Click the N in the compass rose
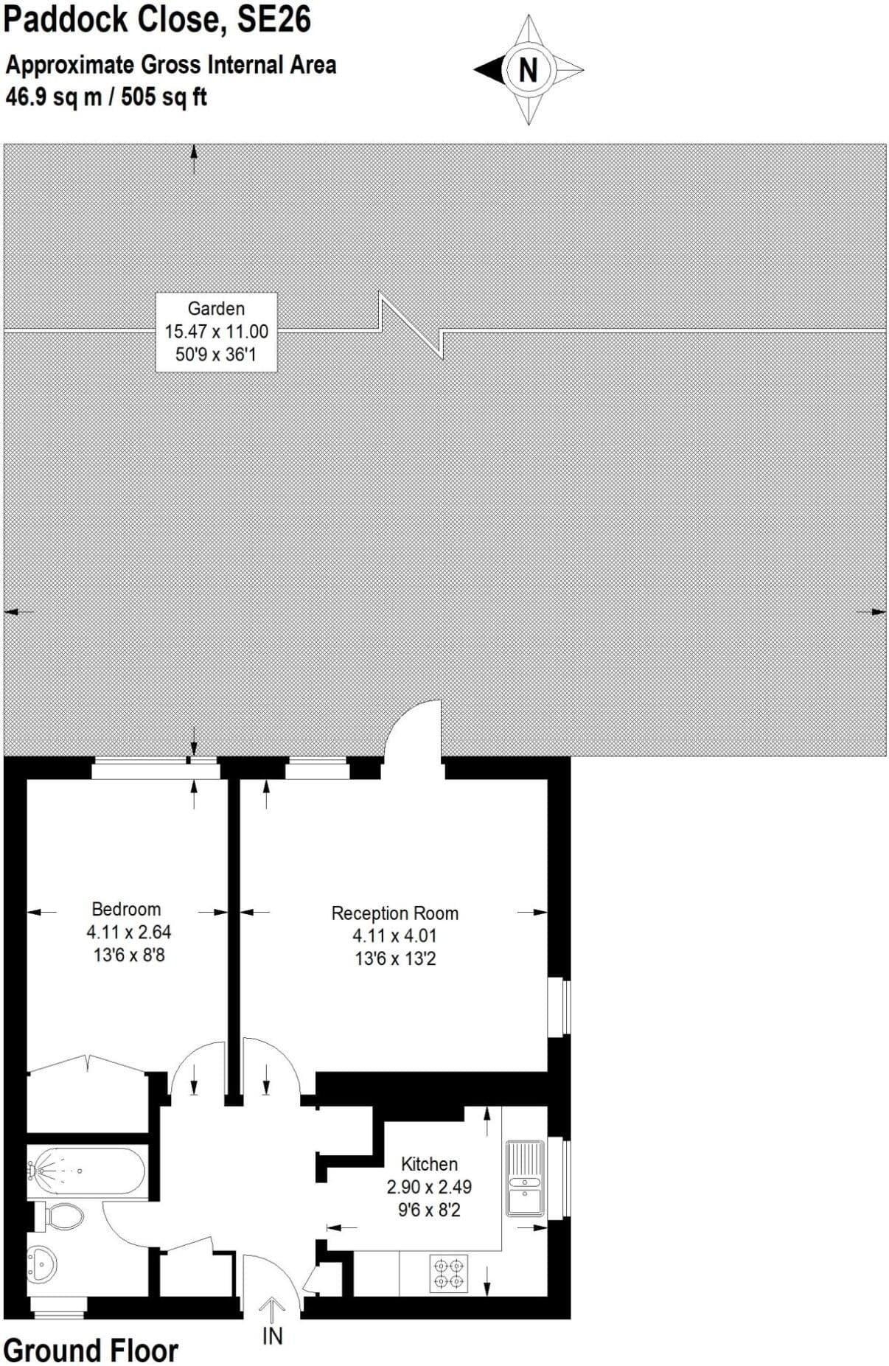tap(528, 70)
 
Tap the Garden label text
tap(216, 309)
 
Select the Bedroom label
tap(126, 909)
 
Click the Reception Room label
tap(395, 913)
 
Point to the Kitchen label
tap(429, 1164)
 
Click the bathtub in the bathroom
tap(86, 1171)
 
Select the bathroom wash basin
tap(42, 1265)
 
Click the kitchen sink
tap(525, 1177)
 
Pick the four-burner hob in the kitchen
tap(449, 1273)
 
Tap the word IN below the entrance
tap(273, 1335)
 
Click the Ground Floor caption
tap(91, 1351)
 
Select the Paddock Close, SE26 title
tap(157, 19)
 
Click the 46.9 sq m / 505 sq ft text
tap(106, 97)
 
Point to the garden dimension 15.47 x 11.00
tap(216, 332)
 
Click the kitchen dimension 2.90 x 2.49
tap(429, 1187)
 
